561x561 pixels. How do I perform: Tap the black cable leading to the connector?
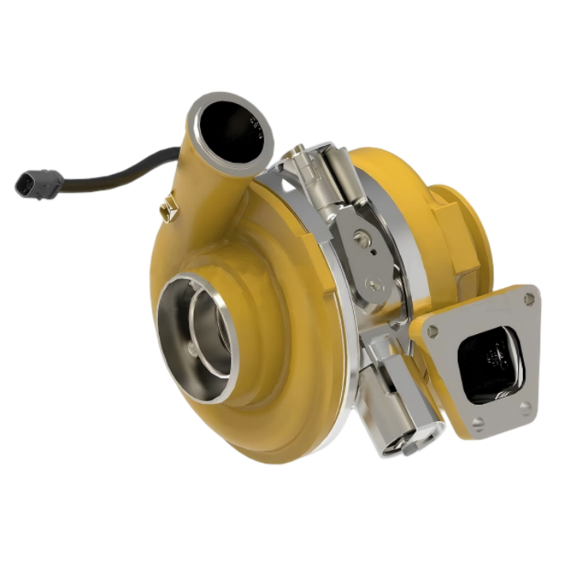pos(119,171)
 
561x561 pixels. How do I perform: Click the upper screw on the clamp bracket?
pos(361,235)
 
